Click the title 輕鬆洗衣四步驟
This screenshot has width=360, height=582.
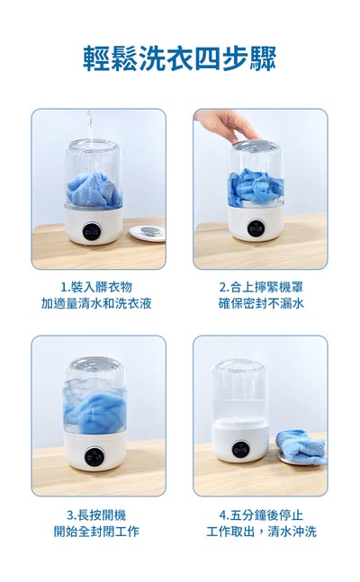[x=180, y=58]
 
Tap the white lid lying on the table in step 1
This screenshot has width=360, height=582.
[x=148, y=232]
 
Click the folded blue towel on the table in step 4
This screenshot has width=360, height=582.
[x=301, y=444]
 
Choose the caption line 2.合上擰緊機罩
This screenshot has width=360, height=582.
[x=261, y=287]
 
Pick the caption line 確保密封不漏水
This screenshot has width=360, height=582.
[x=261, y=304]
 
